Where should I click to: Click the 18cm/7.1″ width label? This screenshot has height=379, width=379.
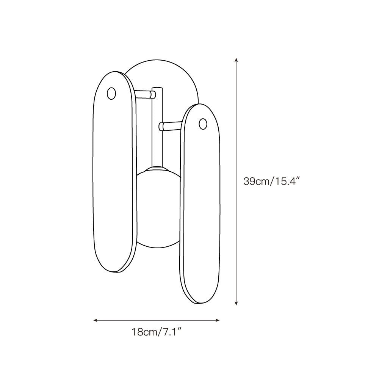[157, 332]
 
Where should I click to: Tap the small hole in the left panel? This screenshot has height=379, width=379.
[111, 93]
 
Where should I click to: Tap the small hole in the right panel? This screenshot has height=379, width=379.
[203, 124]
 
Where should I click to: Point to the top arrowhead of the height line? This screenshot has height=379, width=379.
[236, 60]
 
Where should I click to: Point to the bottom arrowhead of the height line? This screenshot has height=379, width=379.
[236, 303]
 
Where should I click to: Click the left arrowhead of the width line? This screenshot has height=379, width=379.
[95, 321]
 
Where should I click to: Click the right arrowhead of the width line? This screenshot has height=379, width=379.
[217, 321]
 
